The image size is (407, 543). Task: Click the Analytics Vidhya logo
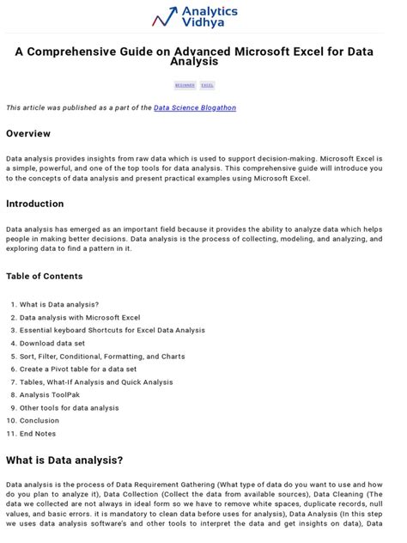click(195, 16)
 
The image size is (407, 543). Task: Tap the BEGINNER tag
click(184, 85)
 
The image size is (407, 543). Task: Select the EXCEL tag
click(207, 85)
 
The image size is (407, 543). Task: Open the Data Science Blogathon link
click(195, 107)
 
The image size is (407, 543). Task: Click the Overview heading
click(28, 133)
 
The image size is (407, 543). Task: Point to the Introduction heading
click(34, 204)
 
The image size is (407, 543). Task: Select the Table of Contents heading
click(45, 276)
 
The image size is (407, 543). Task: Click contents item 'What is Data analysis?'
click(59, 304)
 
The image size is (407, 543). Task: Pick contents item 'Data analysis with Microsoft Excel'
click(80, 317)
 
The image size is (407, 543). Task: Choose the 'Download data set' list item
click(52, 343)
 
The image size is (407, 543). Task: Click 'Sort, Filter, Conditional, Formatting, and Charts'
click(102, 356)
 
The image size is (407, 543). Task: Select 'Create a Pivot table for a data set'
click(82, 369)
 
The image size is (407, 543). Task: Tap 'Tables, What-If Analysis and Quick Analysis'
click(96, 381)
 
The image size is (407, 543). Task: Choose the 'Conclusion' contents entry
click(39, 420)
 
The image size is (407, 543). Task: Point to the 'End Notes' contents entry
click(39, 433)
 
